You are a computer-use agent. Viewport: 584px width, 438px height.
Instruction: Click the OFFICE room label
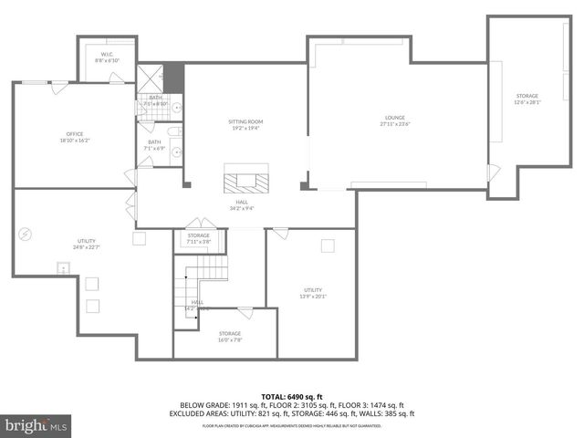74,137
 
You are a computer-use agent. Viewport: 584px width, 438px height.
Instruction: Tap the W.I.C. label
107,57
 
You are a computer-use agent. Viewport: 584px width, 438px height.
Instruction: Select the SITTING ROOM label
245,125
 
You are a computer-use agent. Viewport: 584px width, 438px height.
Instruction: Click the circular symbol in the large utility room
26,233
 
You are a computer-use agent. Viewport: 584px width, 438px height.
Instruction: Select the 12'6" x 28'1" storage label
527,99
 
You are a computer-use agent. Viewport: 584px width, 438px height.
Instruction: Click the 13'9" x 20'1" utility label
313,292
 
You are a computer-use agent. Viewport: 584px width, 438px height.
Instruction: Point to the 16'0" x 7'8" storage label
229,337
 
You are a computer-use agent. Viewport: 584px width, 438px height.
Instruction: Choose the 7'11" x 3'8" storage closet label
199,239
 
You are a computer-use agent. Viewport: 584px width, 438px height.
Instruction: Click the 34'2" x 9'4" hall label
242,205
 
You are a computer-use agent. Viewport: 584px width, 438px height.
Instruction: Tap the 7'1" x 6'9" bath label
155,145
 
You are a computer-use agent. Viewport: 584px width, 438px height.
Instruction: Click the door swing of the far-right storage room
494,172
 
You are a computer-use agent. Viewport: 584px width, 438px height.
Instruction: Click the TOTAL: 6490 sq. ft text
292,396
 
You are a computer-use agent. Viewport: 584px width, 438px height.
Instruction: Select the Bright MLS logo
36,425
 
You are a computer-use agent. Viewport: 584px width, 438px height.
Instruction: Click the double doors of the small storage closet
195,224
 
